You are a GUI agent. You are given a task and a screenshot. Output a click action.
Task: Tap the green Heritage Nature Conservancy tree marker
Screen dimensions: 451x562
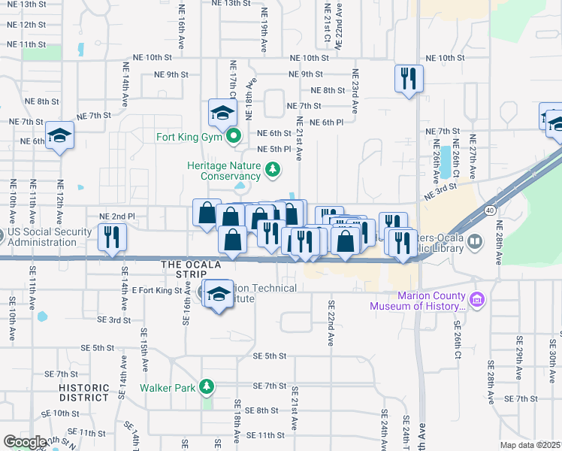click(274, 171)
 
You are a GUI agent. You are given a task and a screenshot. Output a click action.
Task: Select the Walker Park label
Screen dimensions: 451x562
click(168, 389)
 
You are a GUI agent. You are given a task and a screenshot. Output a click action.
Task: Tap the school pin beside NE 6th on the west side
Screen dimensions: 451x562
click(59, 135)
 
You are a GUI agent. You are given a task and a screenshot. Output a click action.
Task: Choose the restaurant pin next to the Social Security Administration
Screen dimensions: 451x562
click(112, 238)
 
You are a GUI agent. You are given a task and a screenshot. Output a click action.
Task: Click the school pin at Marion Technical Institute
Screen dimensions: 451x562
click(219, 294)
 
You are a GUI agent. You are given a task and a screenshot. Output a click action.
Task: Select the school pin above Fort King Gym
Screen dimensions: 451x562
click(223, 113)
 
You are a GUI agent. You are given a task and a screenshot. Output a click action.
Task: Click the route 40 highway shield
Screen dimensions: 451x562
click(490, 210)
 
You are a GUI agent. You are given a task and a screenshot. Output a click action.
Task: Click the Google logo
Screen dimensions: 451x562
click(25, 442)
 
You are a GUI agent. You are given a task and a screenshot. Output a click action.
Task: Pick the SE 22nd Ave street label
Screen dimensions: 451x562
click(330, 323)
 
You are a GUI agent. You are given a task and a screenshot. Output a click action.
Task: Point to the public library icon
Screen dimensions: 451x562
click(475, 243)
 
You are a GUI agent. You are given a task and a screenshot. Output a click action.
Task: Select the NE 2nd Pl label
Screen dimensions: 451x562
click(116, 216)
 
